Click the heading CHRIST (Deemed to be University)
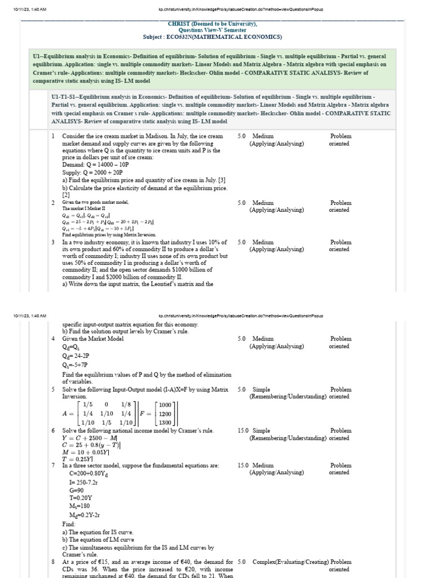point(213,24)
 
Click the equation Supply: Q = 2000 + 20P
point(92,172)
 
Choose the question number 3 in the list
point(53,242)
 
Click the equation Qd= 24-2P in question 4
point(76,356)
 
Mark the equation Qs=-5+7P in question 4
point(77,365)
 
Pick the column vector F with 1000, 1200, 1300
point(166,414)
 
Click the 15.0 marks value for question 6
point(243,431)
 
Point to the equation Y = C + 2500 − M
point(90,437)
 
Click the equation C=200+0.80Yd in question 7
point(89,474)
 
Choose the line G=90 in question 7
point(77,491)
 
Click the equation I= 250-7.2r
point(85,483)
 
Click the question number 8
point(53,562)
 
